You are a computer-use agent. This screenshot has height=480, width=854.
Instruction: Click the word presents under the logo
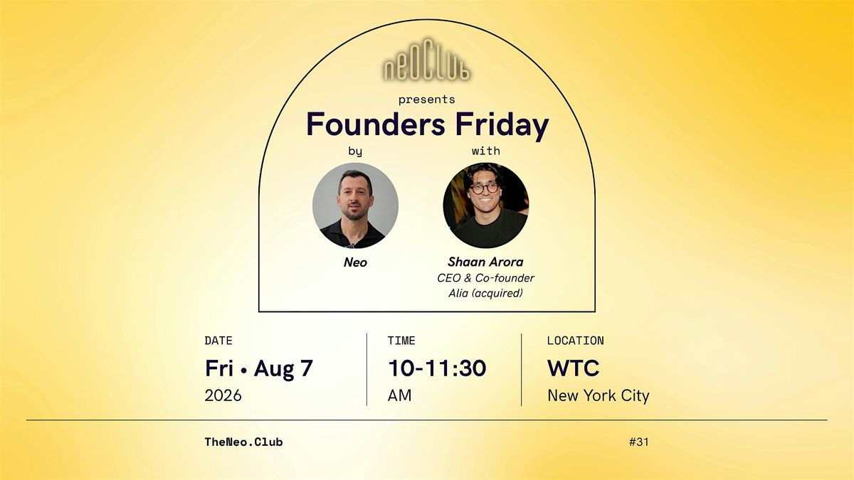click(x=426, y=100)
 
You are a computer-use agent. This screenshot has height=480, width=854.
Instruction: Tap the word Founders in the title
click(x=376, y=124)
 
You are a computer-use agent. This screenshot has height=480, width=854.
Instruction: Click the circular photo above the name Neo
click(x=355, y=206)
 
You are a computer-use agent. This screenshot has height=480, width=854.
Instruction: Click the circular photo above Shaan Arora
click(x=485, y=206)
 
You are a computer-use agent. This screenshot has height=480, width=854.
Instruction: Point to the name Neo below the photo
click(x=355, y=262)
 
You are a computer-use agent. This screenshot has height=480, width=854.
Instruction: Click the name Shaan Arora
click(x=485, y=262)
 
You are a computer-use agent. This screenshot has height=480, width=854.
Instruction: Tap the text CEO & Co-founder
click(x=485, y=278)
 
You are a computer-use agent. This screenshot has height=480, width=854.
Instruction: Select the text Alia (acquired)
click(x=485, y=293)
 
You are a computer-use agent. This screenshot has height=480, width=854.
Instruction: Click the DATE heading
click(x=218, y=341)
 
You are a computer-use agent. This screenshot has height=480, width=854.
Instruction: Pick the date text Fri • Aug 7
click(x=259, y=368)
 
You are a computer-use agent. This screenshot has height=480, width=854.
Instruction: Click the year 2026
click(x=223, y=395)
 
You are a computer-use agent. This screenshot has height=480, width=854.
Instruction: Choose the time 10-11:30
click(x=437, y=368)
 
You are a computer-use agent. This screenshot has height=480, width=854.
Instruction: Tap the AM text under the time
click(x=399, y=395)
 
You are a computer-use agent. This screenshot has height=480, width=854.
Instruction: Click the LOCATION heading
click(x=576, y=341)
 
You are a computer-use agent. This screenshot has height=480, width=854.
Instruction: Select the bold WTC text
click(x=574, y=368)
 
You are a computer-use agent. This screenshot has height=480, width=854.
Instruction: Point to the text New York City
click(x=599, y=396)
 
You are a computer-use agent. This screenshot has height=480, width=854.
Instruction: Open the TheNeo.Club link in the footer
click(x=243, y=442)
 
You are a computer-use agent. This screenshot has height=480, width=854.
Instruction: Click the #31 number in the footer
click(x=638, y=442)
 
